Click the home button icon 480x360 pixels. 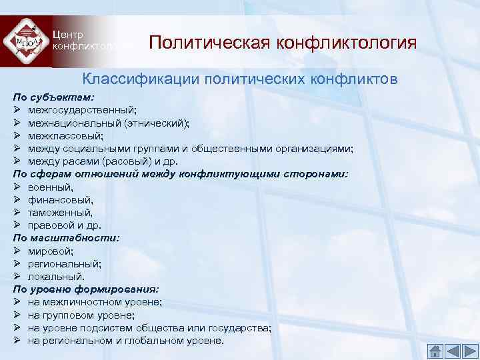pyautogui.click(x=434, y=351)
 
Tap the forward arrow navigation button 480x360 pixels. pyautogui.click(x=468, y=351)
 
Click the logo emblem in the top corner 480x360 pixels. pyautogui.click(x=25, y=42)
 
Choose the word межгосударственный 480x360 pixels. pyautogui.click(x=82, y=109)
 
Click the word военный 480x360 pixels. pyautogui.click(x=49, y=187)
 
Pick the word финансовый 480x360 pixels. pyautogui.click(x=59, y=199)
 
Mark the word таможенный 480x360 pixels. pyautogui.click(x=59, y=212)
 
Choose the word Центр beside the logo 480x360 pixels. pyautogui.click(x=67, y=35)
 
